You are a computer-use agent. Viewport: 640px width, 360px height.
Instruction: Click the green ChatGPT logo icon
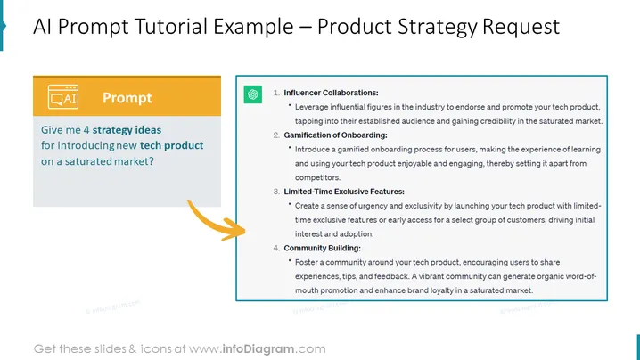[252, 94]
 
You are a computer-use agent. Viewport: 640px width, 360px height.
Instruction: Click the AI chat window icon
[63, 97]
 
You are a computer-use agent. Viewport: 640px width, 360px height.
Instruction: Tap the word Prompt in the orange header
[127, 97]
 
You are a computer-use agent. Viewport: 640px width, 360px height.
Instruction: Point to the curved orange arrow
[214, 222]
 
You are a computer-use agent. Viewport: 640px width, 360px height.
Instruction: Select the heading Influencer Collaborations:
[331, 93]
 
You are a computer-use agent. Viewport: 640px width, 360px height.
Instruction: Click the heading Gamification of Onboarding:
[335, 135]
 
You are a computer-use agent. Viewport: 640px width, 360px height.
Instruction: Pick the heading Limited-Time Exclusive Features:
[344, 192]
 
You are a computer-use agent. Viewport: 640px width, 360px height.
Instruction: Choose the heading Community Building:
[322, 248]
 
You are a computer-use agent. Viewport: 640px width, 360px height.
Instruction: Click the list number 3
[276, 192]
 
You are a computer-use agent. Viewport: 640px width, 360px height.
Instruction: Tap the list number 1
[276, 93]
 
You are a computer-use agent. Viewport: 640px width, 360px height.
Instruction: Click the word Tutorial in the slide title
[171, 27]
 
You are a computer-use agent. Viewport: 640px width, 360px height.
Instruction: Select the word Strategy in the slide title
[437, 28]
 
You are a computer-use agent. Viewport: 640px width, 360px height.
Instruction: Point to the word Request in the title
[521, 28]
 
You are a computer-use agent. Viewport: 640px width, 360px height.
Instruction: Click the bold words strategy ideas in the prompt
[127, 130]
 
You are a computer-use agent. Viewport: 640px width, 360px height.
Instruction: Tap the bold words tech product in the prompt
[171, 146]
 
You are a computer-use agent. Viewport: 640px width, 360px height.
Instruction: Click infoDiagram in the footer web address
[258, 349]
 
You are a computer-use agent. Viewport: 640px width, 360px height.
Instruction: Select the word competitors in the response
[316, 177]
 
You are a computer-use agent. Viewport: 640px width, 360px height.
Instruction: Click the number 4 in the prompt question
[86, 130]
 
